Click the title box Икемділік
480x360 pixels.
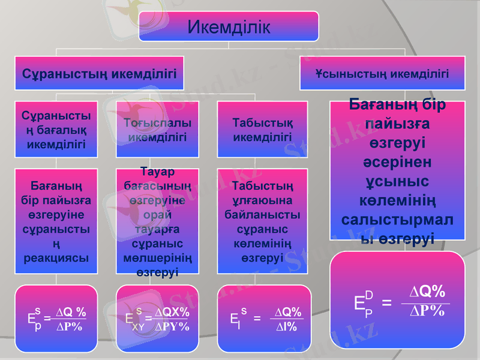(229, 27)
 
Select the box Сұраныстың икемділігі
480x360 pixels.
(99, 73)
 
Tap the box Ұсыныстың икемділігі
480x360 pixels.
(382, 73)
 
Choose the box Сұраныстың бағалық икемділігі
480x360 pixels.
(56, 129)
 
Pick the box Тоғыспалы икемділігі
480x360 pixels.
(158, 130)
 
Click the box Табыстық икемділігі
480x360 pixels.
(262, 130)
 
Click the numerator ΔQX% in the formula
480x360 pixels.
(172, 312)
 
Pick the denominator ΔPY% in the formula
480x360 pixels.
(172, 326)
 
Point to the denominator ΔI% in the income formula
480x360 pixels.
(288, 326)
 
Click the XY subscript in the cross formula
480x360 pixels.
(137, 328)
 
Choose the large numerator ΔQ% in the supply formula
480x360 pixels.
(427, 292)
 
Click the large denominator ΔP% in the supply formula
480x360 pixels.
(427, 311)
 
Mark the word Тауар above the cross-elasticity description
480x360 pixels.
(158, 170)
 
